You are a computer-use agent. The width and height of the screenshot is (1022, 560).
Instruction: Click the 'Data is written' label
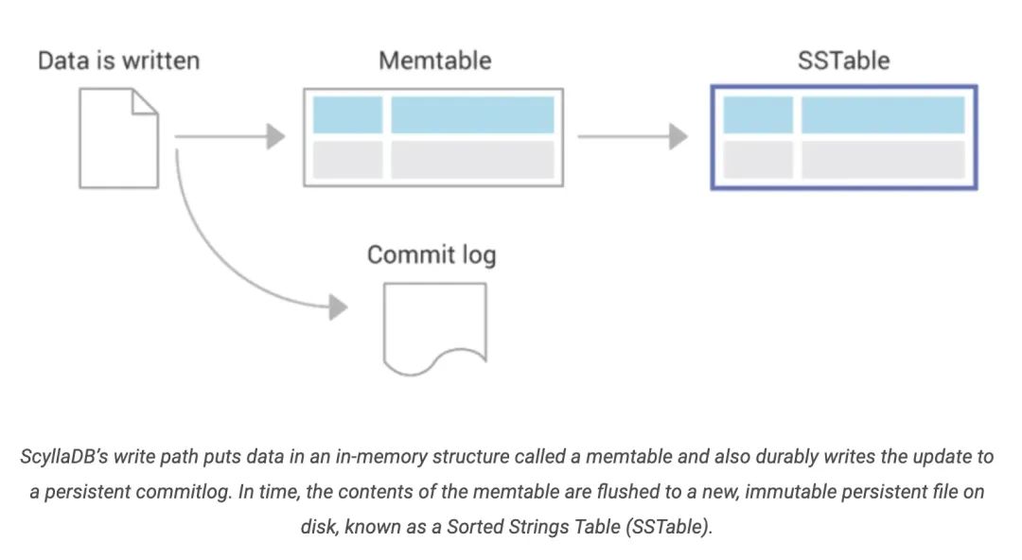click(x=118, y=61)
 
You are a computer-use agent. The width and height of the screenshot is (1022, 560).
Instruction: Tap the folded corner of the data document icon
click(x=145, y=102)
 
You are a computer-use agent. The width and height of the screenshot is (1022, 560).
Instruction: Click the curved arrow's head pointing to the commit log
click(x=336, y=306)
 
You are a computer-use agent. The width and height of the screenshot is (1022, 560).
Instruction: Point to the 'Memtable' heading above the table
click(x=434, y=61)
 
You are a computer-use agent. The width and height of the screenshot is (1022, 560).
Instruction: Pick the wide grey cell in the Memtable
click(x=472, y=160)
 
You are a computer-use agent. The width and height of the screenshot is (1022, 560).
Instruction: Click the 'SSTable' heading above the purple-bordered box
click(x=843, y=61)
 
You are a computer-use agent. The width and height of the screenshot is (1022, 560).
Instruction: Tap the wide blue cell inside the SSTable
click(x=883, y=114)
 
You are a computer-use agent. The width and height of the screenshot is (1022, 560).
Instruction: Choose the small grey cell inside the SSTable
click(x=758, y=160)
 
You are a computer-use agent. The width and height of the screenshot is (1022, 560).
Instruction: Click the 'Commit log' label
click(x=431, y=255)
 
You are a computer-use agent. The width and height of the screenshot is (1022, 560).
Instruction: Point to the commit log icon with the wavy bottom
click(x=434, y=326)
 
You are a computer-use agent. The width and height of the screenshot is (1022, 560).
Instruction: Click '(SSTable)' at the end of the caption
click(x=667, y=528)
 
